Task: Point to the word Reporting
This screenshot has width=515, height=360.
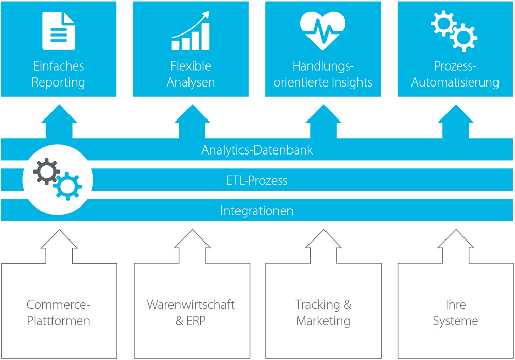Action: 58,82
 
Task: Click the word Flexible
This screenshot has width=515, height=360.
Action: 191,66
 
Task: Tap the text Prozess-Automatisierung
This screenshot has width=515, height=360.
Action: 455,74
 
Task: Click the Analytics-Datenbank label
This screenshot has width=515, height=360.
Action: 257,150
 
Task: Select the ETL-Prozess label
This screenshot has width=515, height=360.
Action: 257,180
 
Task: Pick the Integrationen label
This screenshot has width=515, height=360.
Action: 257,210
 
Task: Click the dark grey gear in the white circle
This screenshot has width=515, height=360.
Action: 46,172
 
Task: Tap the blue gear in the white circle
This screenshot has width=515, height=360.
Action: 68,186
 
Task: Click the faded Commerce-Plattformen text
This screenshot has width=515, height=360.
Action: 58,313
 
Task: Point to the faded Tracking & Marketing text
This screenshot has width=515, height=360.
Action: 323,313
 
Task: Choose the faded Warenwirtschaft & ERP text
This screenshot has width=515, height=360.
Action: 191,313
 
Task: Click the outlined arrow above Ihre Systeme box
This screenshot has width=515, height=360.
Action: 456,246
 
